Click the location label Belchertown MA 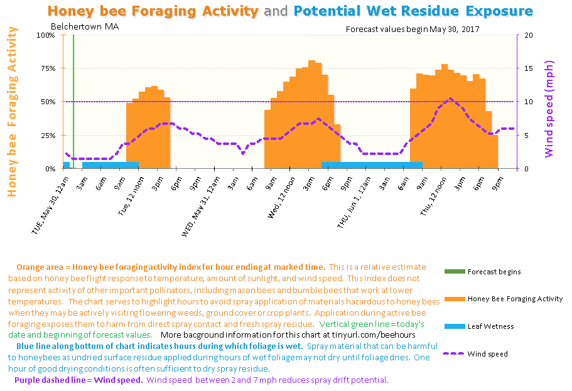coord(85,27)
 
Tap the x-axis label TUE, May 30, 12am coord(50,203)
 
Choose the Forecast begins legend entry coord(494,272)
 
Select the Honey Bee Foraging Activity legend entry coord(515,299)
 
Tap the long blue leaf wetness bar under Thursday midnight coord(372,165)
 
